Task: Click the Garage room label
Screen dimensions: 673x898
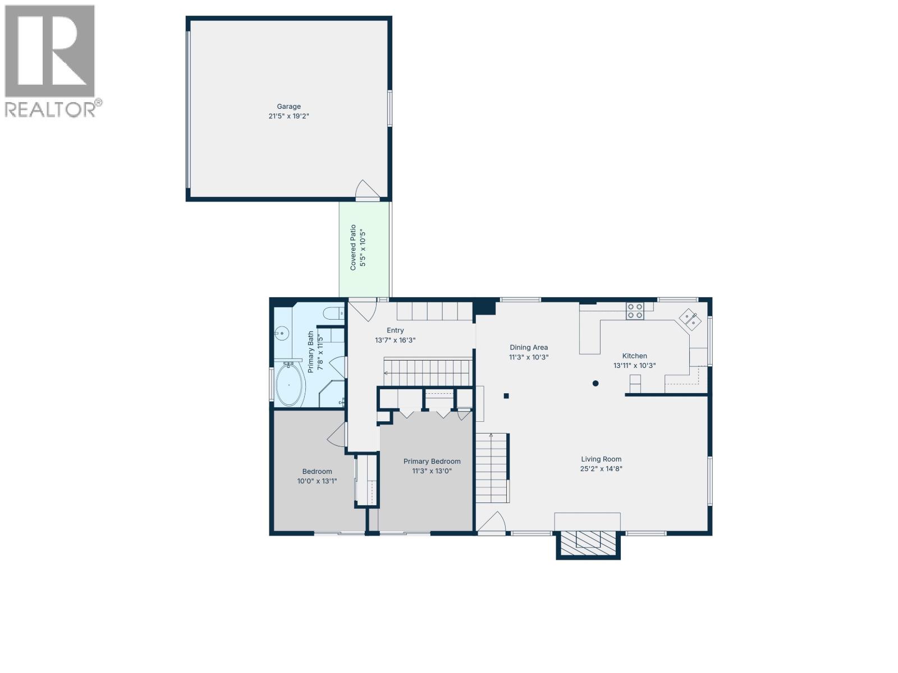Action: coord(288,107)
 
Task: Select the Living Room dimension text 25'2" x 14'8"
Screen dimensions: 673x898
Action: coord(601,469)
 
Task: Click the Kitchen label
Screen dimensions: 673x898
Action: coord(634,356)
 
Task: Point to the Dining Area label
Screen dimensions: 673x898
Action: coord(528,348)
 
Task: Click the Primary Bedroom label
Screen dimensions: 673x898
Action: coord(432,462)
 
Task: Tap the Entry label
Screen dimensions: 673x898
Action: coord(395,331)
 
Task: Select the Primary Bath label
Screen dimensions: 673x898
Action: coord(310,352)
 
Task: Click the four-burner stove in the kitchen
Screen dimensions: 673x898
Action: coord(635,311)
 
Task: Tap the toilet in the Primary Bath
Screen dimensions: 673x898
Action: coord(335,313)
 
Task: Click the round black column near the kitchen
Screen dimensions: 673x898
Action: coord(595,384)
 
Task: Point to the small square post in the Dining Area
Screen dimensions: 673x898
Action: coord(506,396)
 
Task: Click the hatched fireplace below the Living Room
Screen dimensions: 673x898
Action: coord(588,540)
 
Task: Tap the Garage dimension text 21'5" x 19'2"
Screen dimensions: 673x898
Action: coord(288,116)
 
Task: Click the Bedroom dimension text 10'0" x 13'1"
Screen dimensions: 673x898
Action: coord(317,481)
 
